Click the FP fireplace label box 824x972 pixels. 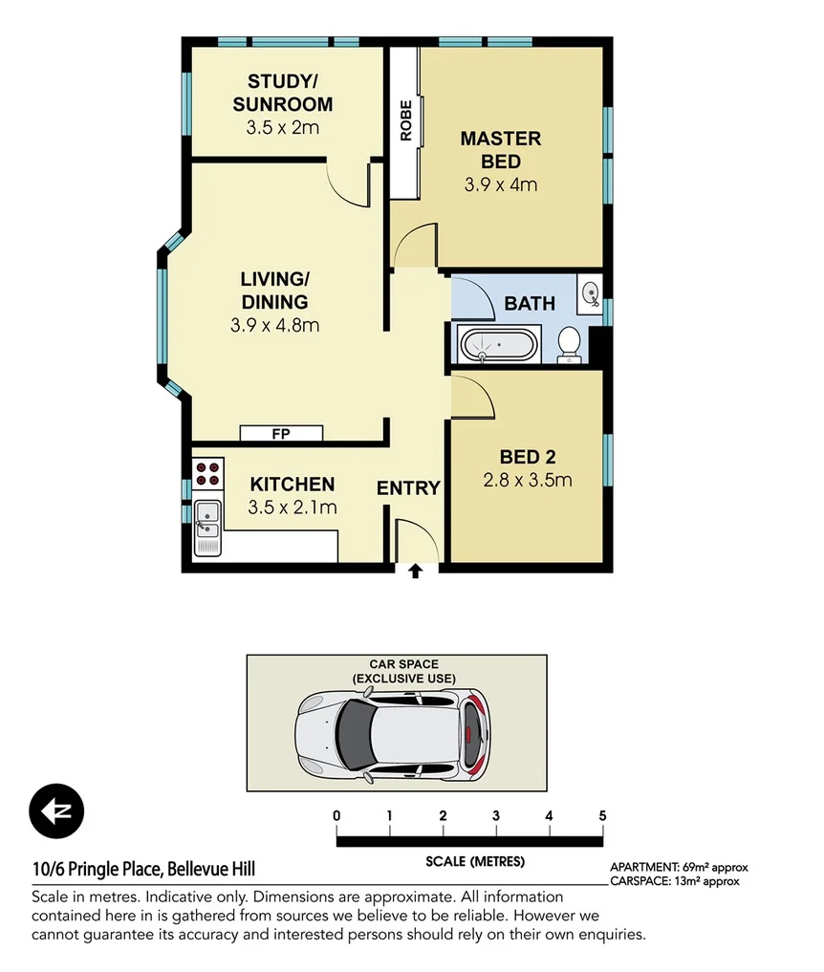point(281,434)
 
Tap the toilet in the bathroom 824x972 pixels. point(570,343)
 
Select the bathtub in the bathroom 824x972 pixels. point(499,343)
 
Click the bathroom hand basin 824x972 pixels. point(590,292)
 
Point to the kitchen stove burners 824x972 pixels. point(206,474)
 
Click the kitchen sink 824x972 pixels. point(206,527)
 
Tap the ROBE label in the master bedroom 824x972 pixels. point(406,120)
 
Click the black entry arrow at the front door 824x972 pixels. point(416,572)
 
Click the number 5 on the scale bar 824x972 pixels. point(602,815)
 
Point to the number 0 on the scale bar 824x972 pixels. point(336,815)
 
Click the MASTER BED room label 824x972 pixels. point(501,150)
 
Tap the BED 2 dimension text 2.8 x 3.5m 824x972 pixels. point(528,480)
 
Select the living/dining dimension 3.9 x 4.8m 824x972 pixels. point(274,325)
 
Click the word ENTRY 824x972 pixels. point(408,488)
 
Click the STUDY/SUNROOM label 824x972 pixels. point(282,93)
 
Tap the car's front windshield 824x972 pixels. point(353,735)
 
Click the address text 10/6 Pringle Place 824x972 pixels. point(143,870)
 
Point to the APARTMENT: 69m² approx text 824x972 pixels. point(679,868)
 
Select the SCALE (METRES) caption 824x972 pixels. point(475,861)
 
